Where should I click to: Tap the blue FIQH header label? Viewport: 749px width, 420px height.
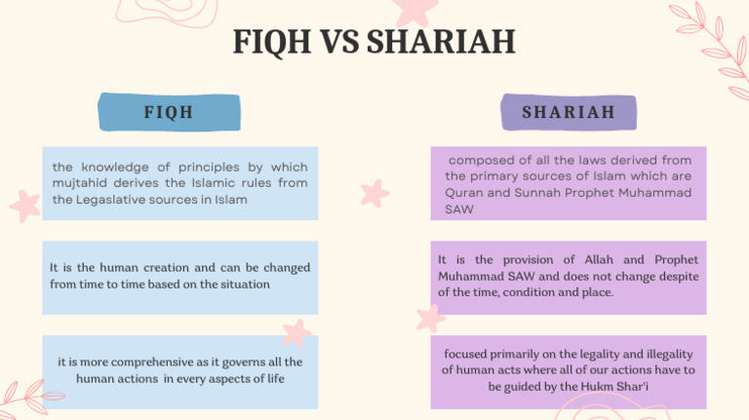tap(169, 112)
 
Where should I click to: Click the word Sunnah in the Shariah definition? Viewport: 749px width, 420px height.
tap(530, 193)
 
